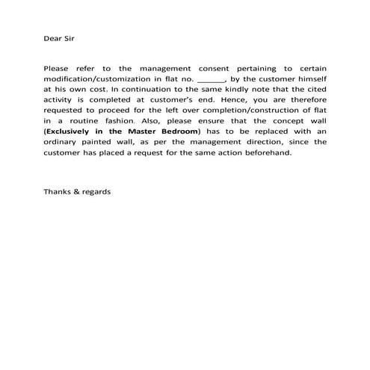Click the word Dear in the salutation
pyautogui.click(x=52, y=36)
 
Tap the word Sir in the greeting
pyautogui.click(x=71, y=36)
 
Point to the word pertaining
pyautogui.click(x=250, y=67)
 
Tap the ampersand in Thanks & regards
pyautogui.click(x=78, y=191)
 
